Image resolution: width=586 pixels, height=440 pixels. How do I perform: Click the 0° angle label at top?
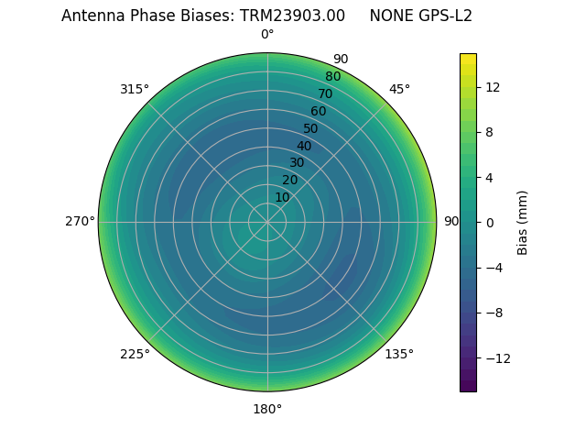(x=267, y=35)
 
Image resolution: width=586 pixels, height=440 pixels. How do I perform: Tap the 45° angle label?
(x=399, y=89)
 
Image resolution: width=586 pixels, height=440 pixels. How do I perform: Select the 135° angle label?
(x=399, y=354)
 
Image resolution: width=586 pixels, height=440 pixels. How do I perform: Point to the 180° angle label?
(x=267, y=409)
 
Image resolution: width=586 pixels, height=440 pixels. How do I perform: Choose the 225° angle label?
(x=135, y=354)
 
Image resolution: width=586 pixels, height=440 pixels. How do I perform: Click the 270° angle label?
(x=80, y=221)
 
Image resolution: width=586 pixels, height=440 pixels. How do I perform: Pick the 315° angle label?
(x=135, y=89)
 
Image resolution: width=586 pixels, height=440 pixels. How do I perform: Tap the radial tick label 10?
(x=282, y=197)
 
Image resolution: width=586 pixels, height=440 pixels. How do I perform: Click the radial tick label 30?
(x=297, y=162)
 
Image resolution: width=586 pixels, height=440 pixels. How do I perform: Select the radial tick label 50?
(x=311, y=128)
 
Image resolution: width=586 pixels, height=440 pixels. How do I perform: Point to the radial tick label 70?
(x=325, y=93)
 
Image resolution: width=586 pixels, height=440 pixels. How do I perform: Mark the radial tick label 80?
(x=332, y=76)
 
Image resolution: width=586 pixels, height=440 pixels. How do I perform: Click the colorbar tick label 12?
(x=492, y=87)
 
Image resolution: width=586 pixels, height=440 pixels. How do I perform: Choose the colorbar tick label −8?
(x=495, y=313)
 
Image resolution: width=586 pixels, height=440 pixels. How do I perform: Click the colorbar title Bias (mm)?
(x=523, y=222)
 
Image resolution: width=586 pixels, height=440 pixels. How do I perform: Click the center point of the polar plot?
(x=267, y=222)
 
